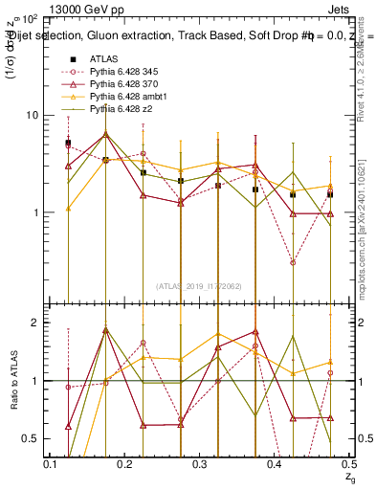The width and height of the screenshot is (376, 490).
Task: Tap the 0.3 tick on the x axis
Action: tap(201, 464)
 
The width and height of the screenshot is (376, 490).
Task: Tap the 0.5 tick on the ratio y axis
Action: tap(31, 438)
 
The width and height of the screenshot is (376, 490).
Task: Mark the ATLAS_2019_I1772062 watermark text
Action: tap(200, 285)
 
